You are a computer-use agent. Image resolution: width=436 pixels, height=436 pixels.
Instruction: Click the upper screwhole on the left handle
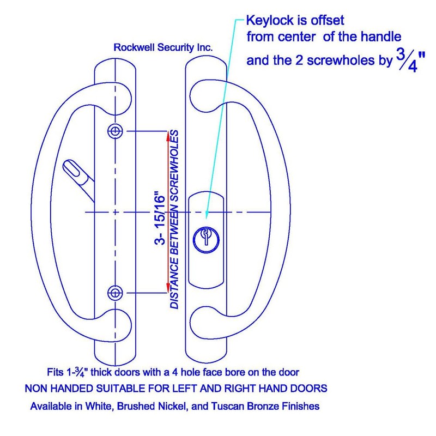(115, 131)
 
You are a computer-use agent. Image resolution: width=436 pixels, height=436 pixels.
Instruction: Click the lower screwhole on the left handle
(115, 293)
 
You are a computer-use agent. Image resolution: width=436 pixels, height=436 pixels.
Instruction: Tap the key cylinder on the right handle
(206, 239)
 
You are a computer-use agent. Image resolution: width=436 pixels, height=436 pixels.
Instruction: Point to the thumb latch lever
(78, 180)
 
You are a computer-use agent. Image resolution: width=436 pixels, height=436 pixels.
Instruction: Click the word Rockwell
(134, 47)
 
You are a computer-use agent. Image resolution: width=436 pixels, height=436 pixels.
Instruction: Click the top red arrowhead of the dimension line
(168, 135)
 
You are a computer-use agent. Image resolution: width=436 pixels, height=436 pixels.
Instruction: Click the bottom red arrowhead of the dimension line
(168, 287)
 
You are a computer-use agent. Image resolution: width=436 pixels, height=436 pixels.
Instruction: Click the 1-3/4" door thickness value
(77, 372)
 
